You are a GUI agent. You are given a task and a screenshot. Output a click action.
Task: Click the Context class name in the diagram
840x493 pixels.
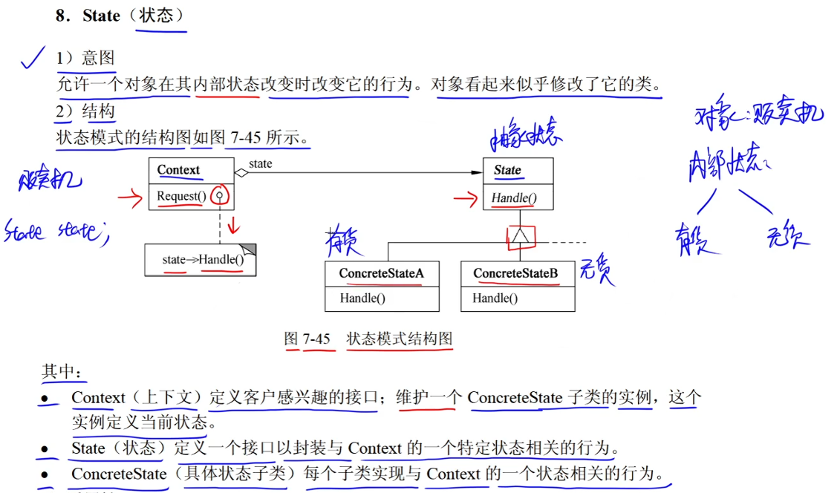178,170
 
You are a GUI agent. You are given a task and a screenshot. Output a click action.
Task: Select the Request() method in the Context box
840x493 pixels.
181,197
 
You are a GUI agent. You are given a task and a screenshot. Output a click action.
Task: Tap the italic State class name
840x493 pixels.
507,170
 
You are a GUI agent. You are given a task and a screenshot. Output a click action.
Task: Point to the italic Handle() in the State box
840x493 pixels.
513,198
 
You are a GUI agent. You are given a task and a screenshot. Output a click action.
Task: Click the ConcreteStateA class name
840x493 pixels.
381,273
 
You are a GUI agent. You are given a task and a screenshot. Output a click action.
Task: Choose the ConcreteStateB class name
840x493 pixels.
515,273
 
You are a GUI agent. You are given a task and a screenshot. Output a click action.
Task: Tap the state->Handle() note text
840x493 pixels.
203,261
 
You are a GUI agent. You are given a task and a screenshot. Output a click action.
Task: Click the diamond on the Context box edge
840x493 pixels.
240,173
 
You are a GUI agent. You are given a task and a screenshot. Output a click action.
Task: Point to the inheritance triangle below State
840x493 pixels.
518,235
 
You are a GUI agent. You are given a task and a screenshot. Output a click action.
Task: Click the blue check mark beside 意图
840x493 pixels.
33,58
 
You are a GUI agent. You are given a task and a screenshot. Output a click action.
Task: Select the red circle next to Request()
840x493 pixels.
219,197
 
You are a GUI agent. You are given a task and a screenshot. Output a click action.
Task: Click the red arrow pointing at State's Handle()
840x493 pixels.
466,198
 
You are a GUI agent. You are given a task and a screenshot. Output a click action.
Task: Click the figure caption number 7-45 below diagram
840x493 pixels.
316,339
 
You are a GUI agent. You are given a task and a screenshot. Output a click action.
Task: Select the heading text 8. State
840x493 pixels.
88,16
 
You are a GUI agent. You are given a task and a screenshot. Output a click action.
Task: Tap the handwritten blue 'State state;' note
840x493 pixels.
56,232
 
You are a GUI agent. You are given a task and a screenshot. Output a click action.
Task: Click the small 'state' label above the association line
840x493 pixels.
260,164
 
